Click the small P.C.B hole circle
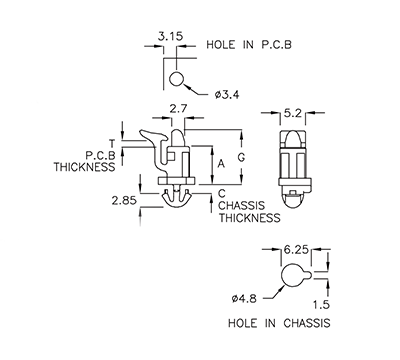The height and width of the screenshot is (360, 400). point(177,79)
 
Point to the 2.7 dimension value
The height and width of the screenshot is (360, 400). point(179,107)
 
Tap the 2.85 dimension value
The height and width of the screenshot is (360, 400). point(124,199)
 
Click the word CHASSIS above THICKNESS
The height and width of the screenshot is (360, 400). point(246,204)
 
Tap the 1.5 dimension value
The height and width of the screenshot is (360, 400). point(319,303)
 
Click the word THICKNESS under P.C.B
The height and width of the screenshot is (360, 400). point(93,169)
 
